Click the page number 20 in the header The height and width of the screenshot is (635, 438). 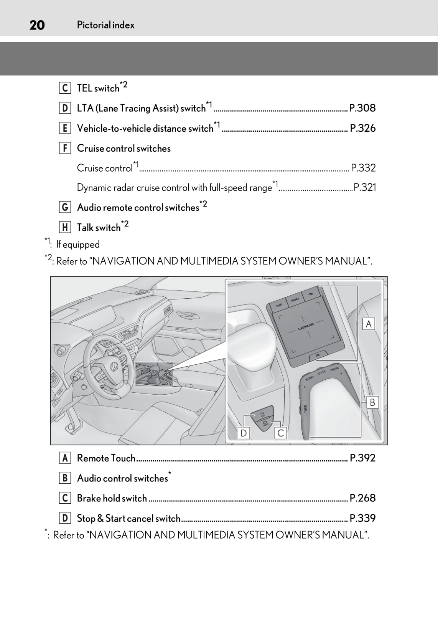click(37, 25)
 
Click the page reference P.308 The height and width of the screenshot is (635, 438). click(362, 108)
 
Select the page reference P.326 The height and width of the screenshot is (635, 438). click(362, 128)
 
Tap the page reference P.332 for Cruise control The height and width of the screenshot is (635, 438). click(363, 168)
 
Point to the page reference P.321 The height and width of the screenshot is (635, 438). click(364, 187)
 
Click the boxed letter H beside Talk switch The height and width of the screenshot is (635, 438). click(65, 227)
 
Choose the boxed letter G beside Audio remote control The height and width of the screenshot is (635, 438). click(65, 207)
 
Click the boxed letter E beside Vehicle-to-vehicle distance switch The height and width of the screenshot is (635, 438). click(65, 128)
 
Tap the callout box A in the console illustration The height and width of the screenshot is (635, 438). click(368, 324)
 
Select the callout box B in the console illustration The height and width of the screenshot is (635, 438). click(372, 402)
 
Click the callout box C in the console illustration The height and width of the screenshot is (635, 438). click(281, 433)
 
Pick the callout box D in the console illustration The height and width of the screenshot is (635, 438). click(244, 433)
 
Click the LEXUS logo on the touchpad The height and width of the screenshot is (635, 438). click(306, 325)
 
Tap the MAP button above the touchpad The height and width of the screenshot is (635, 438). click(279, 305)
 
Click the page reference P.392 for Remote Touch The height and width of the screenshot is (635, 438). click(362, 458)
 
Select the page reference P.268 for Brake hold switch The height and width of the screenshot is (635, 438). click(362, 498)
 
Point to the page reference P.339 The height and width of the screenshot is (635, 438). click(362, 518)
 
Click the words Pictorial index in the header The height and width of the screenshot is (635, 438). click(105, 25)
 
